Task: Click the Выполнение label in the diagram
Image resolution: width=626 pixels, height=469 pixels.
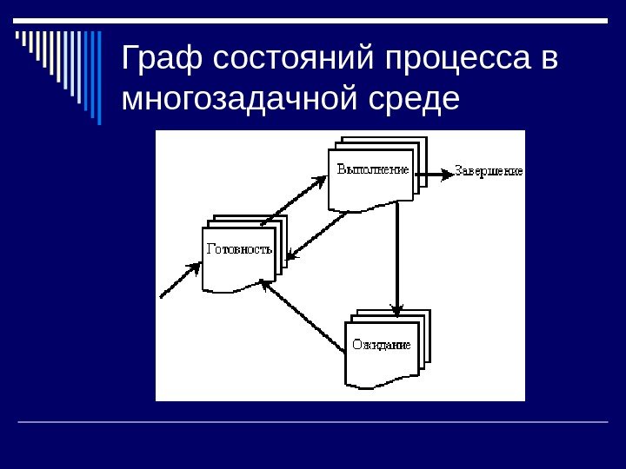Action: (x=372, y=170)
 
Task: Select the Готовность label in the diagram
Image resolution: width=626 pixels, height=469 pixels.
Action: (x=239, y=249)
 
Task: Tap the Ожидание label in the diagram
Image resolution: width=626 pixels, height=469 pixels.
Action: (x=381, y=345)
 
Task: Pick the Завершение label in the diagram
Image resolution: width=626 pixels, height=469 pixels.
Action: (x=489, y=171)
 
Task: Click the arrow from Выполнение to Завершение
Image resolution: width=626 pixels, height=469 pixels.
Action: (x=435, y=171)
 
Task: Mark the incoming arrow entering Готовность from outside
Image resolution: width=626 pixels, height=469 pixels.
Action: (x=181, y=281)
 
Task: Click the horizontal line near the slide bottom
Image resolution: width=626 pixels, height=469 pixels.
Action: (x=313, y=422)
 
